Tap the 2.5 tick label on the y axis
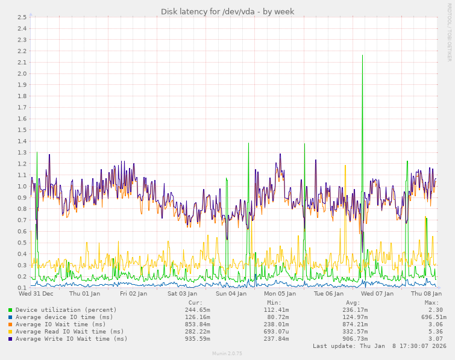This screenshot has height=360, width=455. click(x=20, y=17)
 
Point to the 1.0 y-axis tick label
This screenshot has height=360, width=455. click(x=20, y=186)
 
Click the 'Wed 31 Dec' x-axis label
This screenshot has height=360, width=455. click(x=36, y=294)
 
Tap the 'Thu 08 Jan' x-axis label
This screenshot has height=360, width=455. click(x=425, y=294)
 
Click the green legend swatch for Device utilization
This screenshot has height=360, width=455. click(x=10, y=310)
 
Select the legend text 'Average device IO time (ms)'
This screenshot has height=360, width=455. click(x=64, y=317)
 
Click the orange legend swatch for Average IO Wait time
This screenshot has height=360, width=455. click(x=10, y=324)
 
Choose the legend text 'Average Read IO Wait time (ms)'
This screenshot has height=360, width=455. click(x=70, y=332)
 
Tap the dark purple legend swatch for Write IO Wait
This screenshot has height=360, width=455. click(x=10, y=339)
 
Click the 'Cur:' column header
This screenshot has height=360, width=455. click(x=195, y=303)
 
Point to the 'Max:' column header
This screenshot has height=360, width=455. click(x=431, y=303)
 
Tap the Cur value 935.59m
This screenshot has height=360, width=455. click(x=197, y=339)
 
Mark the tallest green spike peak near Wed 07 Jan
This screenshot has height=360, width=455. click(x=362, y=55)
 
